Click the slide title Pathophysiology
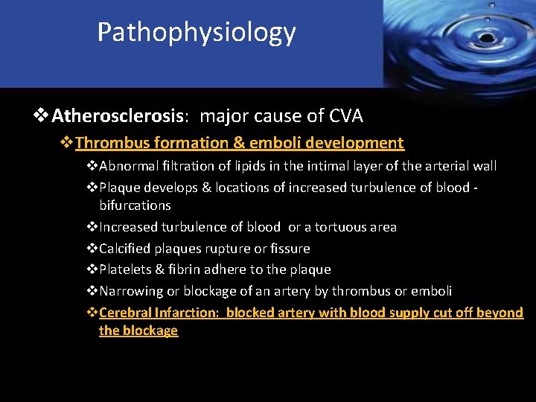click(197, 32)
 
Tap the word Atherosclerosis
click(118, 116)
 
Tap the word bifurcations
click(135, 205)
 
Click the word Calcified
click(125, 249)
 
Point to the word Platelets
click(124, 269)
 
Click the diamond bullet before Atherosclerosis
click(42, 116)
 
